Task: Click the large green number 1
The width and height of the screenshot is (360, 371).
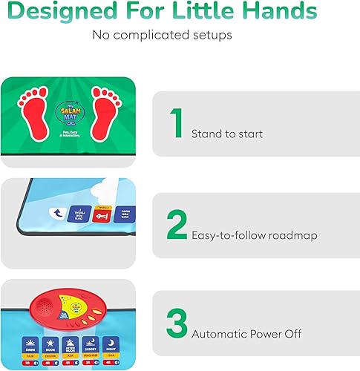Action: click(x=177, y=124)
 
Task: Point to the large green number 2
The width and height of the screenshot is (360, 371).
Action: click(x=177, y=226)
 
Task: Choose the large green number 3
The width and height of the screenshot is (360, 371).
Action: click(x=177, y=324)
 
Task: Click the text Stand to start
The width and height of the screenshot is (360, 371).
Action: click(x=227, y=134)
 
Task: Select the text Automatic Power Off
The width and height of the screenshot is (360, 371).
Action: click(x=246, y=334)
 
